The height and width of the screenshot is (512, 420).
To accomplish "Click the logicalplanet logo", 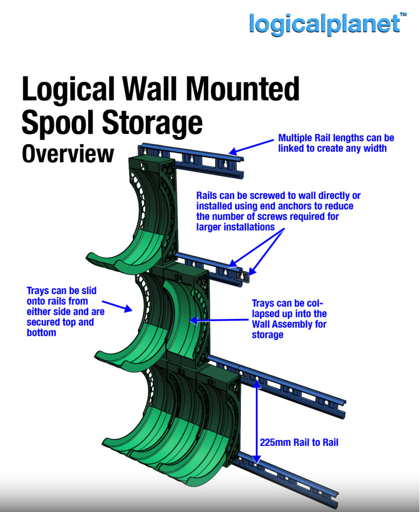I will tap(324, 23).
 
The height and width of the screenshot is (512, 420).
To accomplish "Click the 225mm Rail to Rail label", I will tap(299, 442).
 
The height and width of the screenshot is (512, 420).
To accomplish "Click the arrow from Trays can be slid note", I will tap(118, 305).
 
